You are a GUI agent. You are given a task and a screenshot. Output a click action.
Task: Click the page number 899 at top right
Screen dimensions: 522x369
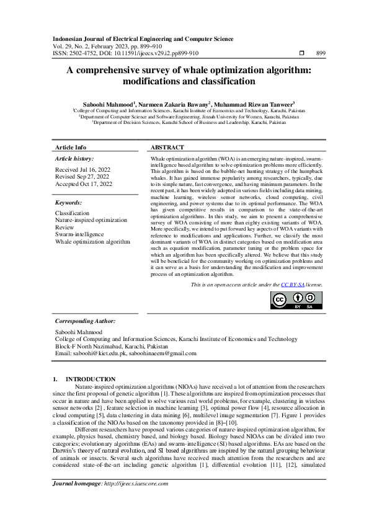click(321, 53)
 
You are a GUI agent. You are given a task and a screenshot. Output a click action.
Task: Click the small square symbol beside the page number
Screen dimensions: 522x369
click(301, 53)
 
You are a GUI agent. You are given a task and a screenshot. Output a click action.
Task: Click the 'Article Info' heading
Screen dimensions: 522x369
click(71, 148)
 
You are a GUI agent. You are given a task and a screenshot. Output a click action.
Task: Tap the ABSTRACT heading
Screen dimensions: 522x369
click(167, 148)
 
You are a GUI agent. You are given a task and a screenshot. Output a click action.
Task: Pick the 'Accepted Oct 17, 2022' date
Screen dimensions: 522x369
click(84, 184)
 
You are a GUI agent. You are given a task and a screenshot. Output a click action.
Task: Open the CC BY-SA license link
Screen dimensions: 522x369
click(291, 285)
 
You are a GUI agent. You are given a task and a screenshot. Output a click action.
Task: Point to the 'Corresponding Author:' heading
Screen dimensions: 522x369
click(85, 321)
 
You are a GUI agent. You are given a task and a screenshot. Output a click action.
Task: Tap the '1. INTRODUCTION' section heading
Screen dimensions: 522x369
click(84, 379)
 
